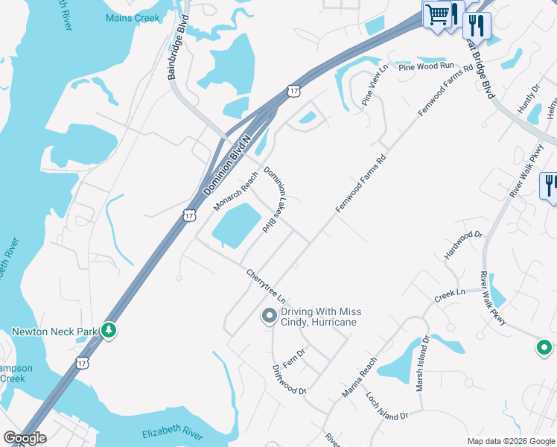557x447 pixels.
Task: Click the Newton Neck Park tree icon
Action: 109,330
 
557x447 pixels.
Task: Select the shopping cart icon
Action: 437,13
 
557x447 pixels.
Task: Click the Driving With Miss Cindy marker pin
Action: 269,317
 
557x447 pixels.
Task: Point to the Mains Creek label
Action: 133,18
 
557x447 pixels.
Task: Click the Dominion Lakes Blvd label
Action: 276,199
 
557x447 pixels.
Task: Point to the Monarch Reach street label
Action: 235,190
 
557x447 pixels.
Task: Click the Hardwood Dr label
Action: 463,245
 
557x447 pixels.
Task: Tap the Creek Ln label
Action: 450,295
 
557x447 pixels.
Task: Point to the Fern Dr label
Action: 296,355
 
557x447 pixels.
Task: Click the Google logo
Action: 25,438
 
